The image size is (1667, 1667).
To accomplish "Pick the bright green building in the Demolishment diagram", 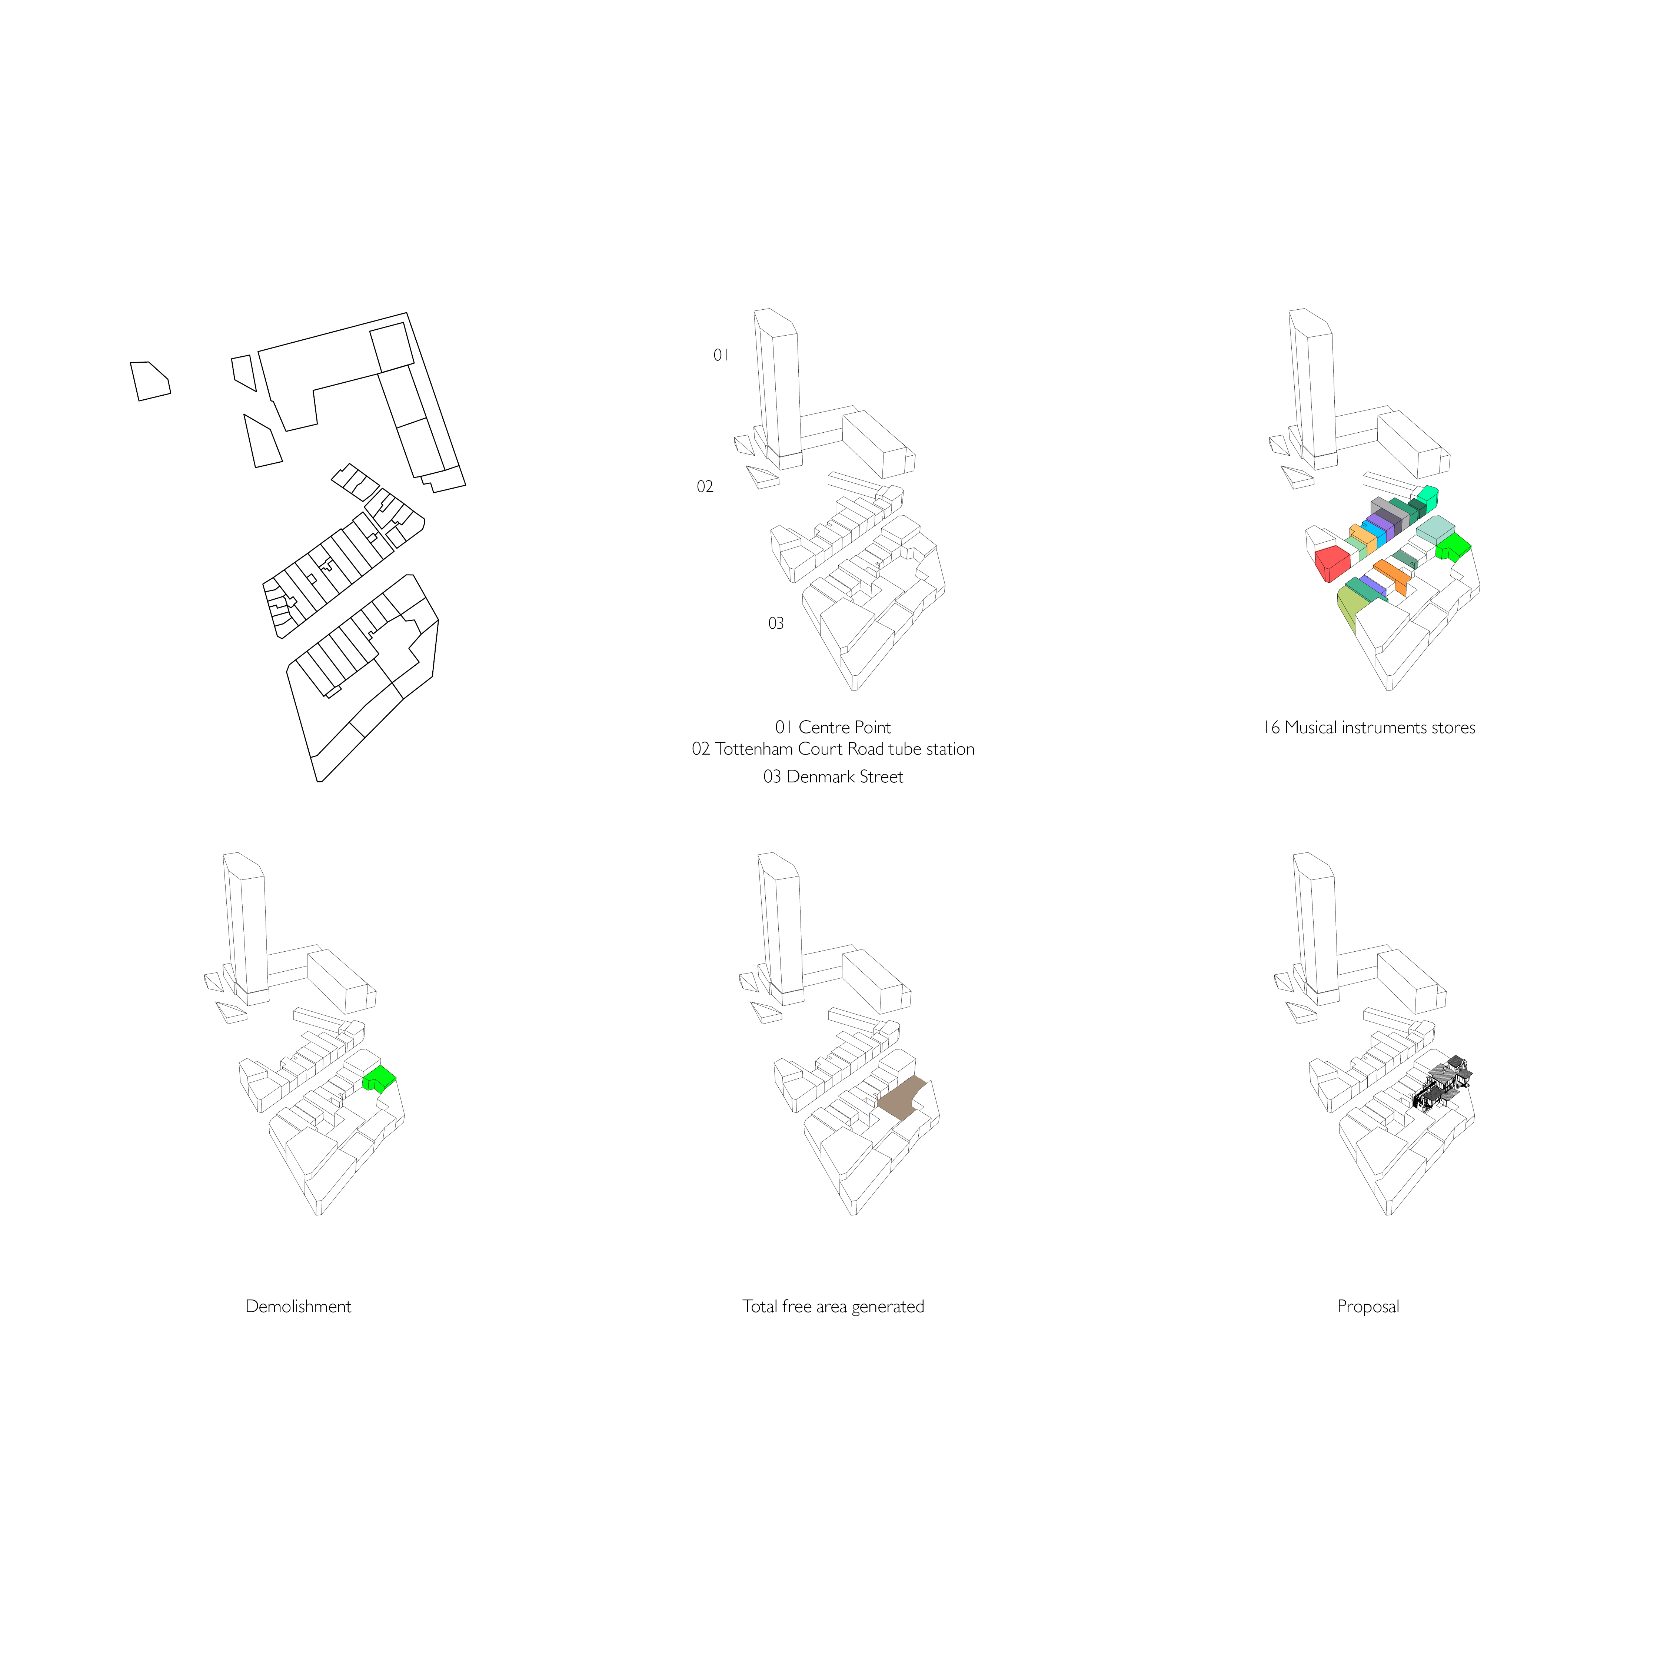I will (x=380, y=1078).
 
